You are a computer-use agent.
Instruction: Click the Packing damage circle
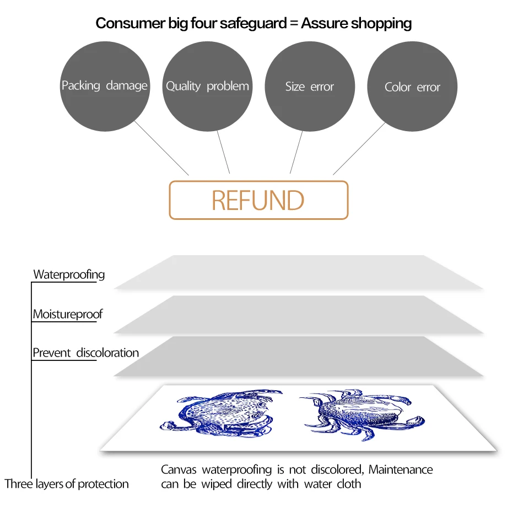104,86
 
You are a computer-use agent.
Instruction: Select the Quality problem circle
207,87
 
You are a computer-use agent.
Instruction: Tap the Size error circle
310,87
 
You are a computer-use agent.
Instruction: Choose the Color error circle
412,87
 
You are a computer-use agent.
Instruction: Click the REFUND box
258,200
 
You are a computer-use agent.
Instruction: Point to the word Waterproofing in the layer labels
69,274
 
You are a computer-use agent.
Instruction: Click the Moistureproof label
67,315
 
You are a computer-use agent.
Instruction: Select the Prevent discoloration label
85,353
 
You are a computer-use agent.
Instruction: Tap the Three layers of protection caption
67,484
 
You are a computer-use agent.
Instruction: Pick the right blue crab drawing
358,414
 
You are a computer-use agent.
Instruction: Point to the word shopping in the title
381,23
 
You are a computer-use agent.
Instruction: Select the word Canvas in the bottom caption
179,470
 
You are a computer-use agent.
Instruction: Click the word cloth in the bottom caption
349,484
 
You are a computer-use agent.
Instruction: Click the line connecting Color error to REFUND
359,149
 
